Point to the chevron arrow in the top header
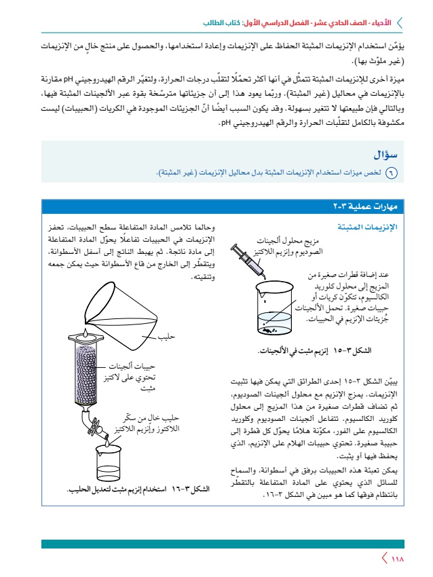(400, 23)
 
